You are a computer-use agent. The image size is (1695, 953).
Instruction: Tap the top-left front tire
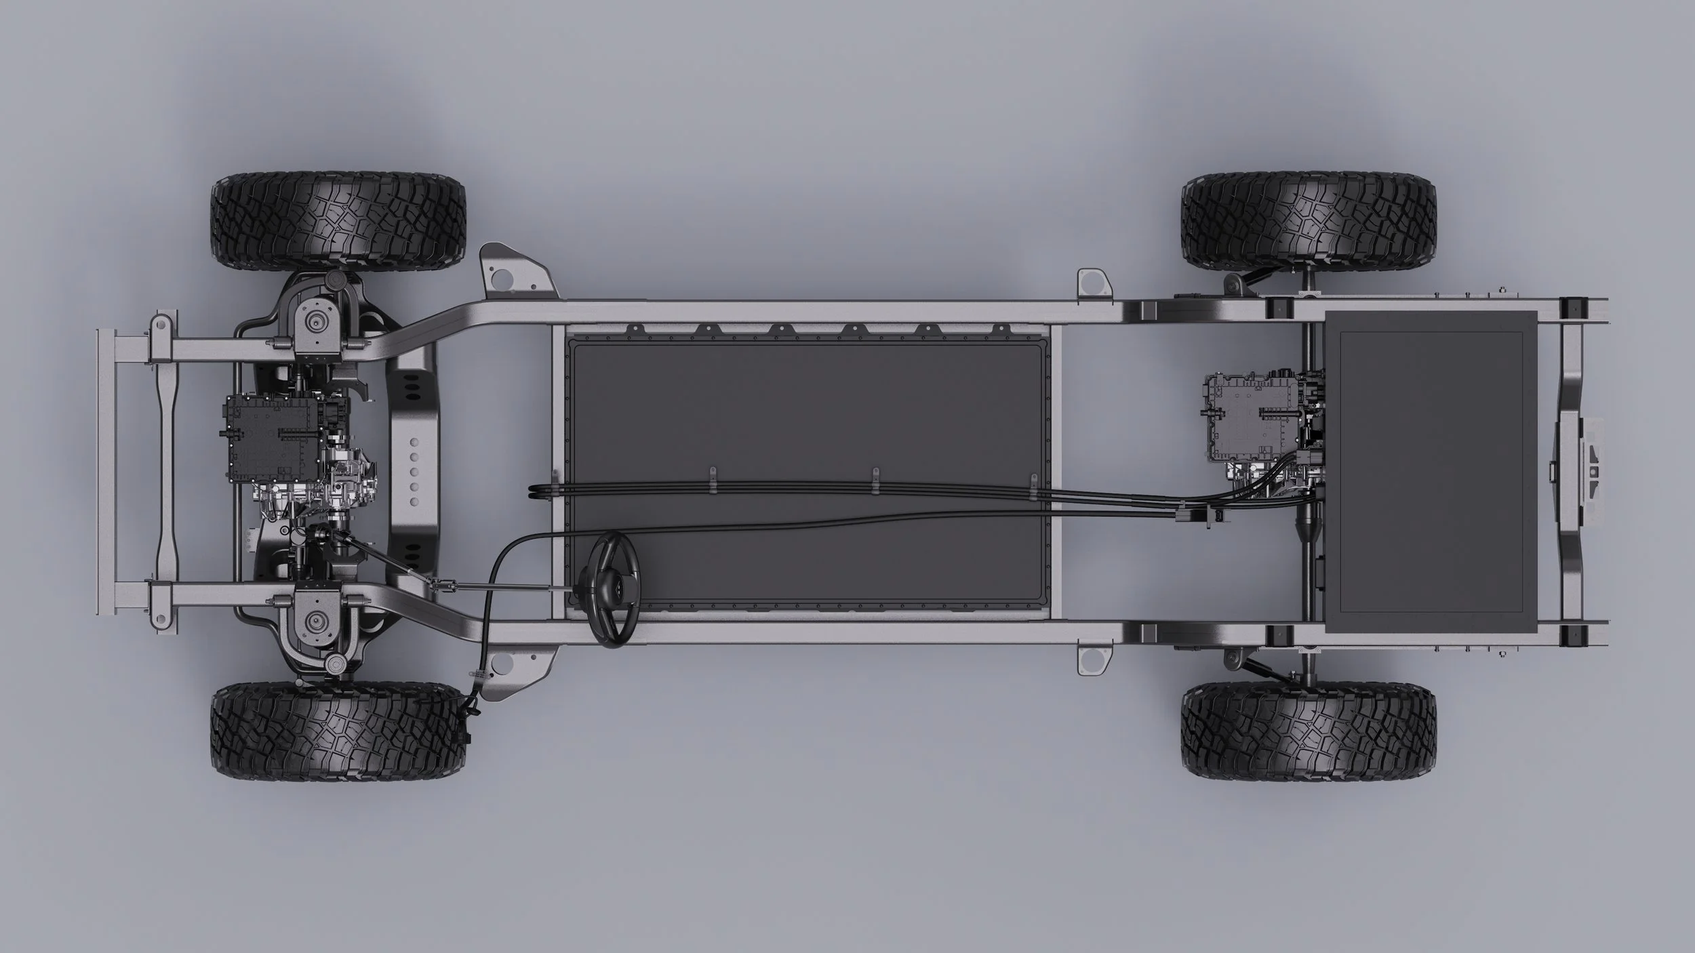pyautogui.click(x=338, y=221)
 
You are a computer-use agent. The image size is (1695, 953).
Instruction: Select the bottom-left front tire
pyautogui.click(x=338, y=731)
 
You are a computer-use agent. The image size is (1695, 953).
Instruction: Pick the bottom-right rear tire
pyautogui.click(x=1309, y=731)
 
